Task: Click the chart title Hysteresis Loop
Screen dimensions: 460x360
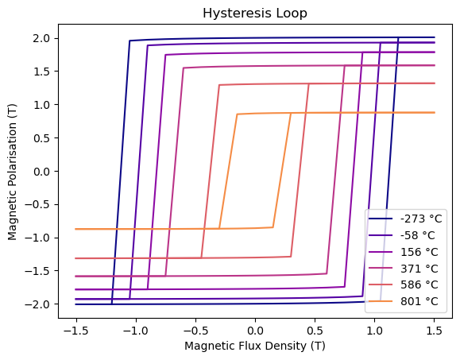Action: tap(255, 14)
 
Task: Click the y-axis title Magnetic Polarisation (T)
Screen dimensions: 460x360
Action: tap(13, 172)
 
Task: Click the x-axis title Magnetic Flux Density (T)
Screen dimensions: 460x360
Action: tap(255, 346)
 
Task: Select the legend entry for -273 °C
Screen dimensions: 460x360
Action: tap(405, 219)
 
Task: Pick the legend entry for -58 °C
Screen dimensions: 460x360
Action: tap(402, 235)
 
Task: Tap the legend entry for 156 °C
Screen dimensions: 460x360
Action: tap(404, 252)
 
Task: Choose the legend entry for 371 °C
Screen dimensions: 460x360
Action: tap(404, 268)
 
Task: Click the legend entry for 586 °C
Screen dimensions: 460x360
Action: tap(404, 285)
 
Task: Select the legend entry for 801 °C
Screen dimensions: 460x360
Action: tap(404, 301)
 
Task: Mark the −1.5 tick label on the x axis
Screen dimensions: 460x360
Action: tap(76, 331)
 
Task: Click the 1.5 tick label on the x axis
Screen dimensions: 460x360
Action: tap(435, 331)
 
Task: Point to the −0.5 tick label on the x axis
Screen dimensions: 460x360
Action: tap(195, 331)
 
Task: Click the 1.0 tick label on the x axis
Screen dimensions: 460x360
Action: tap(374, 331)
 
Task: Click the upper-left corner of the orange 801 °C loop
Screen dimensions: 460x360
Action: tap(237, 114)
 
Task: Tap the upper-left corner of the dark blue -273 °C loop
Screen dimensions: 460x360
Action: tap(129, 41)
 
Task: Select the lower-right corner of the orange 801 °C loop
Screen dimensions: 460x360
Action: tap(273, 227)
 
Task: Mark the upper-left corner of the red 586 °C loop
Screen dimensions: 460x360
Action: tap(219, 85)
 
